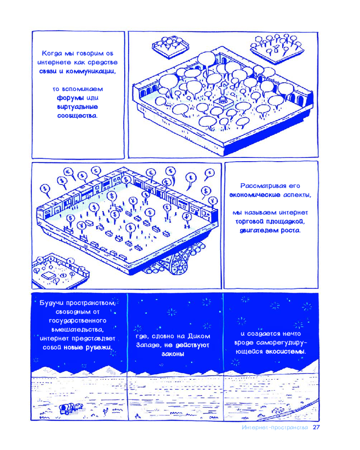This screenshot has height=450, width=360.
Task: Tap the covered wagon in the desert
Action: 71,408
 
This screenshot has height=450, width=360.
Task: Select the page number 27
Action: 316,427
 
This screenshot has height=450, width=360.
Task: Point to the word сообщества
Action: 77,116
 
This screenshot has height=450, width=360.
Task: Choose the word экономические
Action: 255,195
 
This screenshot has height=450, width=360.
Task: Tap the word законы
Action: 173,354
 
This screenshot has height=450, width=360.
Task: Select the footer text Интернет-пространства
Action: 275,427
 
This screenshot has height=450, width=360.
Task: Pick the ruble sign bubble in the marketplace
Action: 187,217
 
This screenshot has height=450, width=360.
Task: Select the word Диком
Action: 199,336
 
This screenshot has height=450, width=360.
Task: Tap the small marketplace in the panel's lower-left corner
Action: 60,271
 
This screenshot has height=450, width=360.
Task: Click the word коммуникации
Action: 91,72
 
